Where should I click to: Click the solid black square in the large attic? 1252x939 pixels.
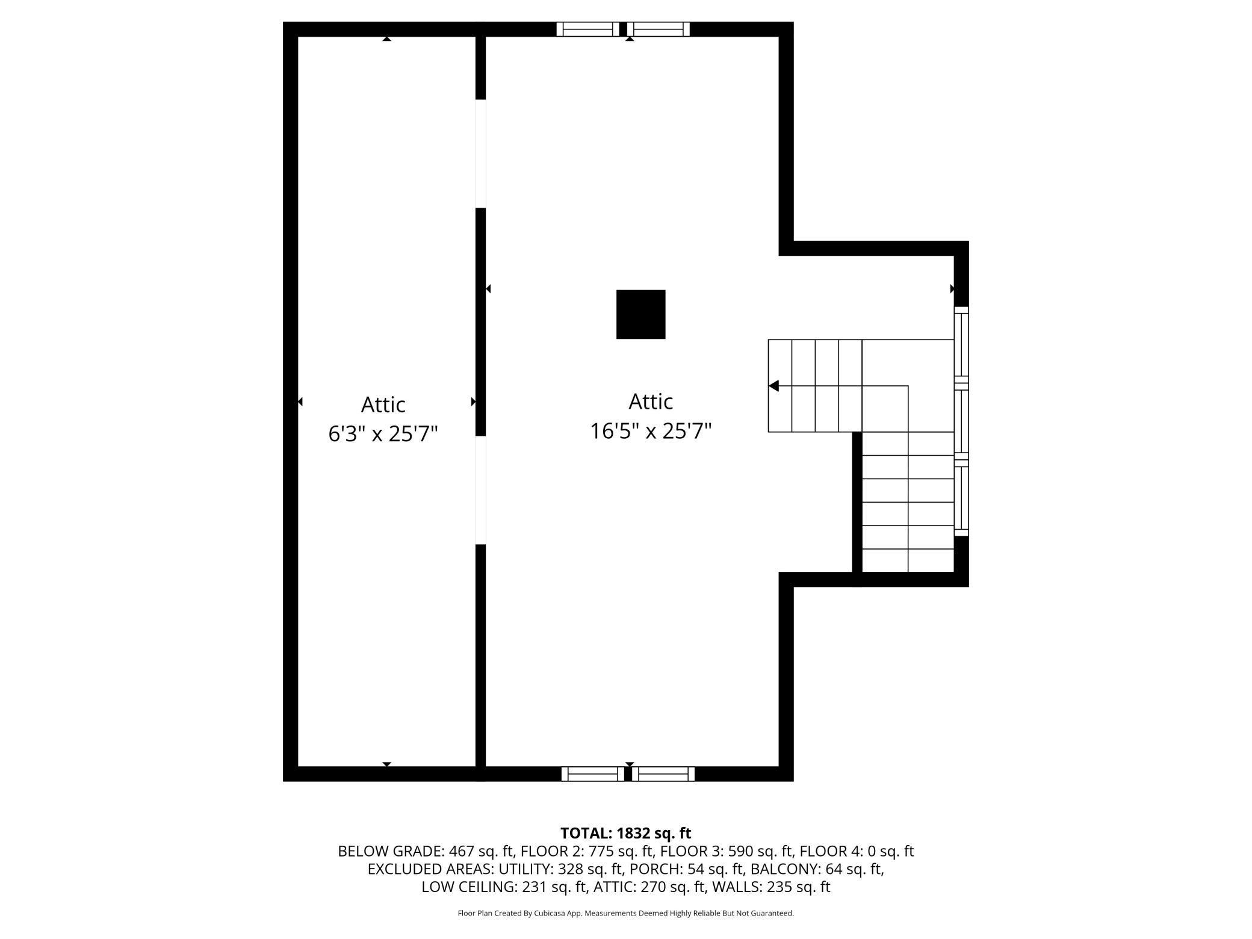(x=640, y=314)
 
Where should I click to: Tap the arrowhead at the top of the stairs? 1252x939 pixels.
(x=774, y=386)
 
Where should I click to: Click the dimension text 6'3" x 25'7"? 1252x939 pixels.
(x=383, y=433)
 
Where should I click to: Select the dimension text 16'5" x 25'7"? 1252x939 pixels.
(x=650, y=431)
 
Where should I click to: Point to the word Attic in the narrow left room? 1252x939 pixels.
(x=383, y=404)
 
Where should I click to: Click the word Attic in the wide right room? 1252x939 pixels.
(x=650, y=401)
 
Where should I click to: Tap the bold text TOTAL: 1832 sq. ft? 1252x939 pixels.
(x=625, y=833)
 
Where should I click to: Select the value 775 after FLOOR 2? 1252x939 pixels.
(x=601, y=851)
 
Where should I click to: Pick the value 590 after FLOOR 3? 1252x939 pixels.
(x=740, y=851)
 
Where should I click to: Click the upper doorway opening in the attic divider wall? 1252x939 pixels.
(x=480, y=153)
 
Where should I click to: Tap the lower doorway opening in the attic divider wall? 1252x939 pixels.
(x=480, y=490)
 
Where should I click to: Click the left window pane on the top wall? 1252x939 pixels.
(x=587, y=29)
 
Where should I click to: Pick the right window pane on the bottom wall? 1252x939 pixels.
(x=663, y=774)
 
